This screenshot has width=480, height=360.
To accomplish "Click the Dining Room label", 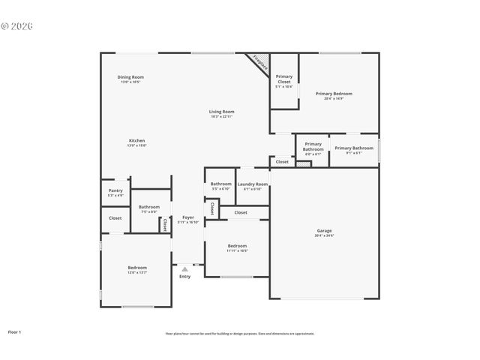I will pyautogui.click(x=130, y=77).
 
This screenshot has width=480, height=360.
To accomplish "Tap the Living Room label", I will pyautogui.click(x=221, y=112).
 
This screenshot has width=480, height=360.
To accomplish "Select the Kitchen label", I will pyautogui.click(x=136, y=141).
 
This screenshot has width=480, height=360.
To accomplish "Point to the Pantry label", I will pyautogui.click(x=115, y=190).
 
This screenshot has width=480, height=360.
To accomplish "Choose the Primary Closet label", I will pyautogui.click(x=284, y=79).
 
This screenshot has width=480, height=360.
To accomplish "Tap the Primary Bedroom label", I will pyautogui.click(x=334, y=94).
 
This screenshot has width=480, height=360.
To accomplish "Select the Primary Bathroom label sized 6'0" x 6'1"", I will pyautogui.click(x=313, y=146).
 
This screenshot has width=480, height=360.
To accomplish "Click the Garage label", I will pyautogui.click(x=324, y=231).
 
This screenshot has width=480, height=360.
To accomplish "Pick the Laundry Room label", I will pyautogui.click(x=252, y=184).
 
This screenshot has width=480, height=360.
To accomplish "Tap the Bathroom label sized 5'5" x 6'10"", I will pyautogui.click(x=220, y=184).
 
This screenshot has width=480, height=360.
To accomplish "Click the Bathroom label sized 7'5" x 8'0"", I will pyautogui.click(x=148, y=207).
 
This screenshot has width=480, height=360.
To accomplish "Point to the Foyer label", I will pyautogui.click(x=188, y=217).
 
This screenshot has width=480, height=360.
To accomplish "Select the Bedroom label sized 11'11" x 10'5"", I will pyautogui.click(x=237, y=246).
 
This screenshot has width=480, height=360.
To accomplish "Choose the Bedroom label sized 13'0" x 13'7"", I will pyautogui.click(x=137, y=268).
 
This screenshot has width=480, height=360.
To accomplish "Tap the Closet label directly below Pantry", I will pyautogui.click(x=115, y=218).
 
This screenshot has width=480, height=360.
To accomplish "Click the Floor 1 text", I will pyautogui.click(x=14, y=331).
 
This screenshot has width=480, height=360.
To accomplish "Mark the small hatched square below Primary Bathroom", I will pyautogui.click(x=304, y=162).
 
